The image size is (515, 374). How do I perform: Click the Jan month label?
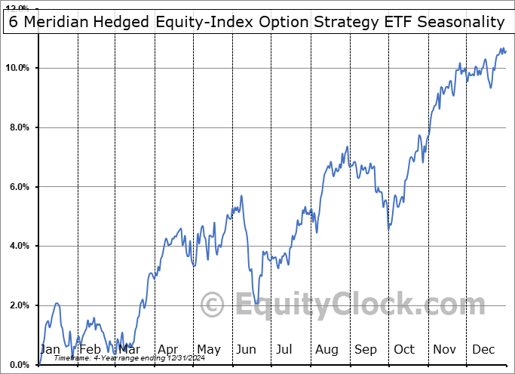(49, 349)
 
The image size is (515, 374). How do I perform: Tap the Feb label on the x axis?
(90, 349)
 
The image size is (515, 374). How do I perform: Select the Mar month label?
(129, 349)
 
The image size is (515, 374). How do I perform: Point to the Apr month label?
(169, 349)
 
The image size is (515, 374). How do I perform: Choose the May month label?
(208, 349)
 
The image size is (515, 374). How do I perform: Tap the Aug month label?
(328, 349)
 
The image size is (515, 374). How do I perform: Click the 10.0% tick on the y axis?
(17, 69)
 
